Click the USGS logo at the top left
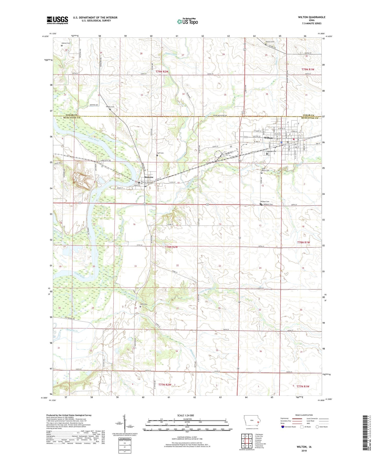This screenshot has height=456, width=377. [x=57, y=20]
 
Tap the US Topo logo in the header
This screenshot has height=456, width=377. [x=187, y=21]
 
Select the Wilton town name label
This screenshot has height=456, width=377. [x=268, y=138]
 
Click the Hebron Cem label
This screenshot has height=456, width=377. [x=66, y=43]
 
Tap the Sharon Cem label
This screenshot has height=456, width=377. [x=270, y=42]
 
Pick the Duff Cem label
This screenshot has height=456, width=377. [x=160, y=153]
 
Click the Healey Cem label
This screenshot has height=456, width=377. [x=110, y=107]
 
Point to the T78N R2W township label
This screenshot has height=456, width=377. [x=171, y=247]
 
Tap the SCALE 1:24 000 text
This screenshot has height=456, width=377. [x=185, y=415]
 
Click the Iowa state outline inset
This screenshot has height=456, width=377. [x=252, y=422]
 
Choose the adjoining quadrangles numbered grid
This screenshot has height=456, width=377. [x=246, y=442]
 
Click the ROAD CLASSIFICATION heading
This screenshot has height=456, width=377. [x=304, y=415]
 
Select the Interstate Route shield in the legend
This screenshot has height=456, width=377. [x=283, y=427]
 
